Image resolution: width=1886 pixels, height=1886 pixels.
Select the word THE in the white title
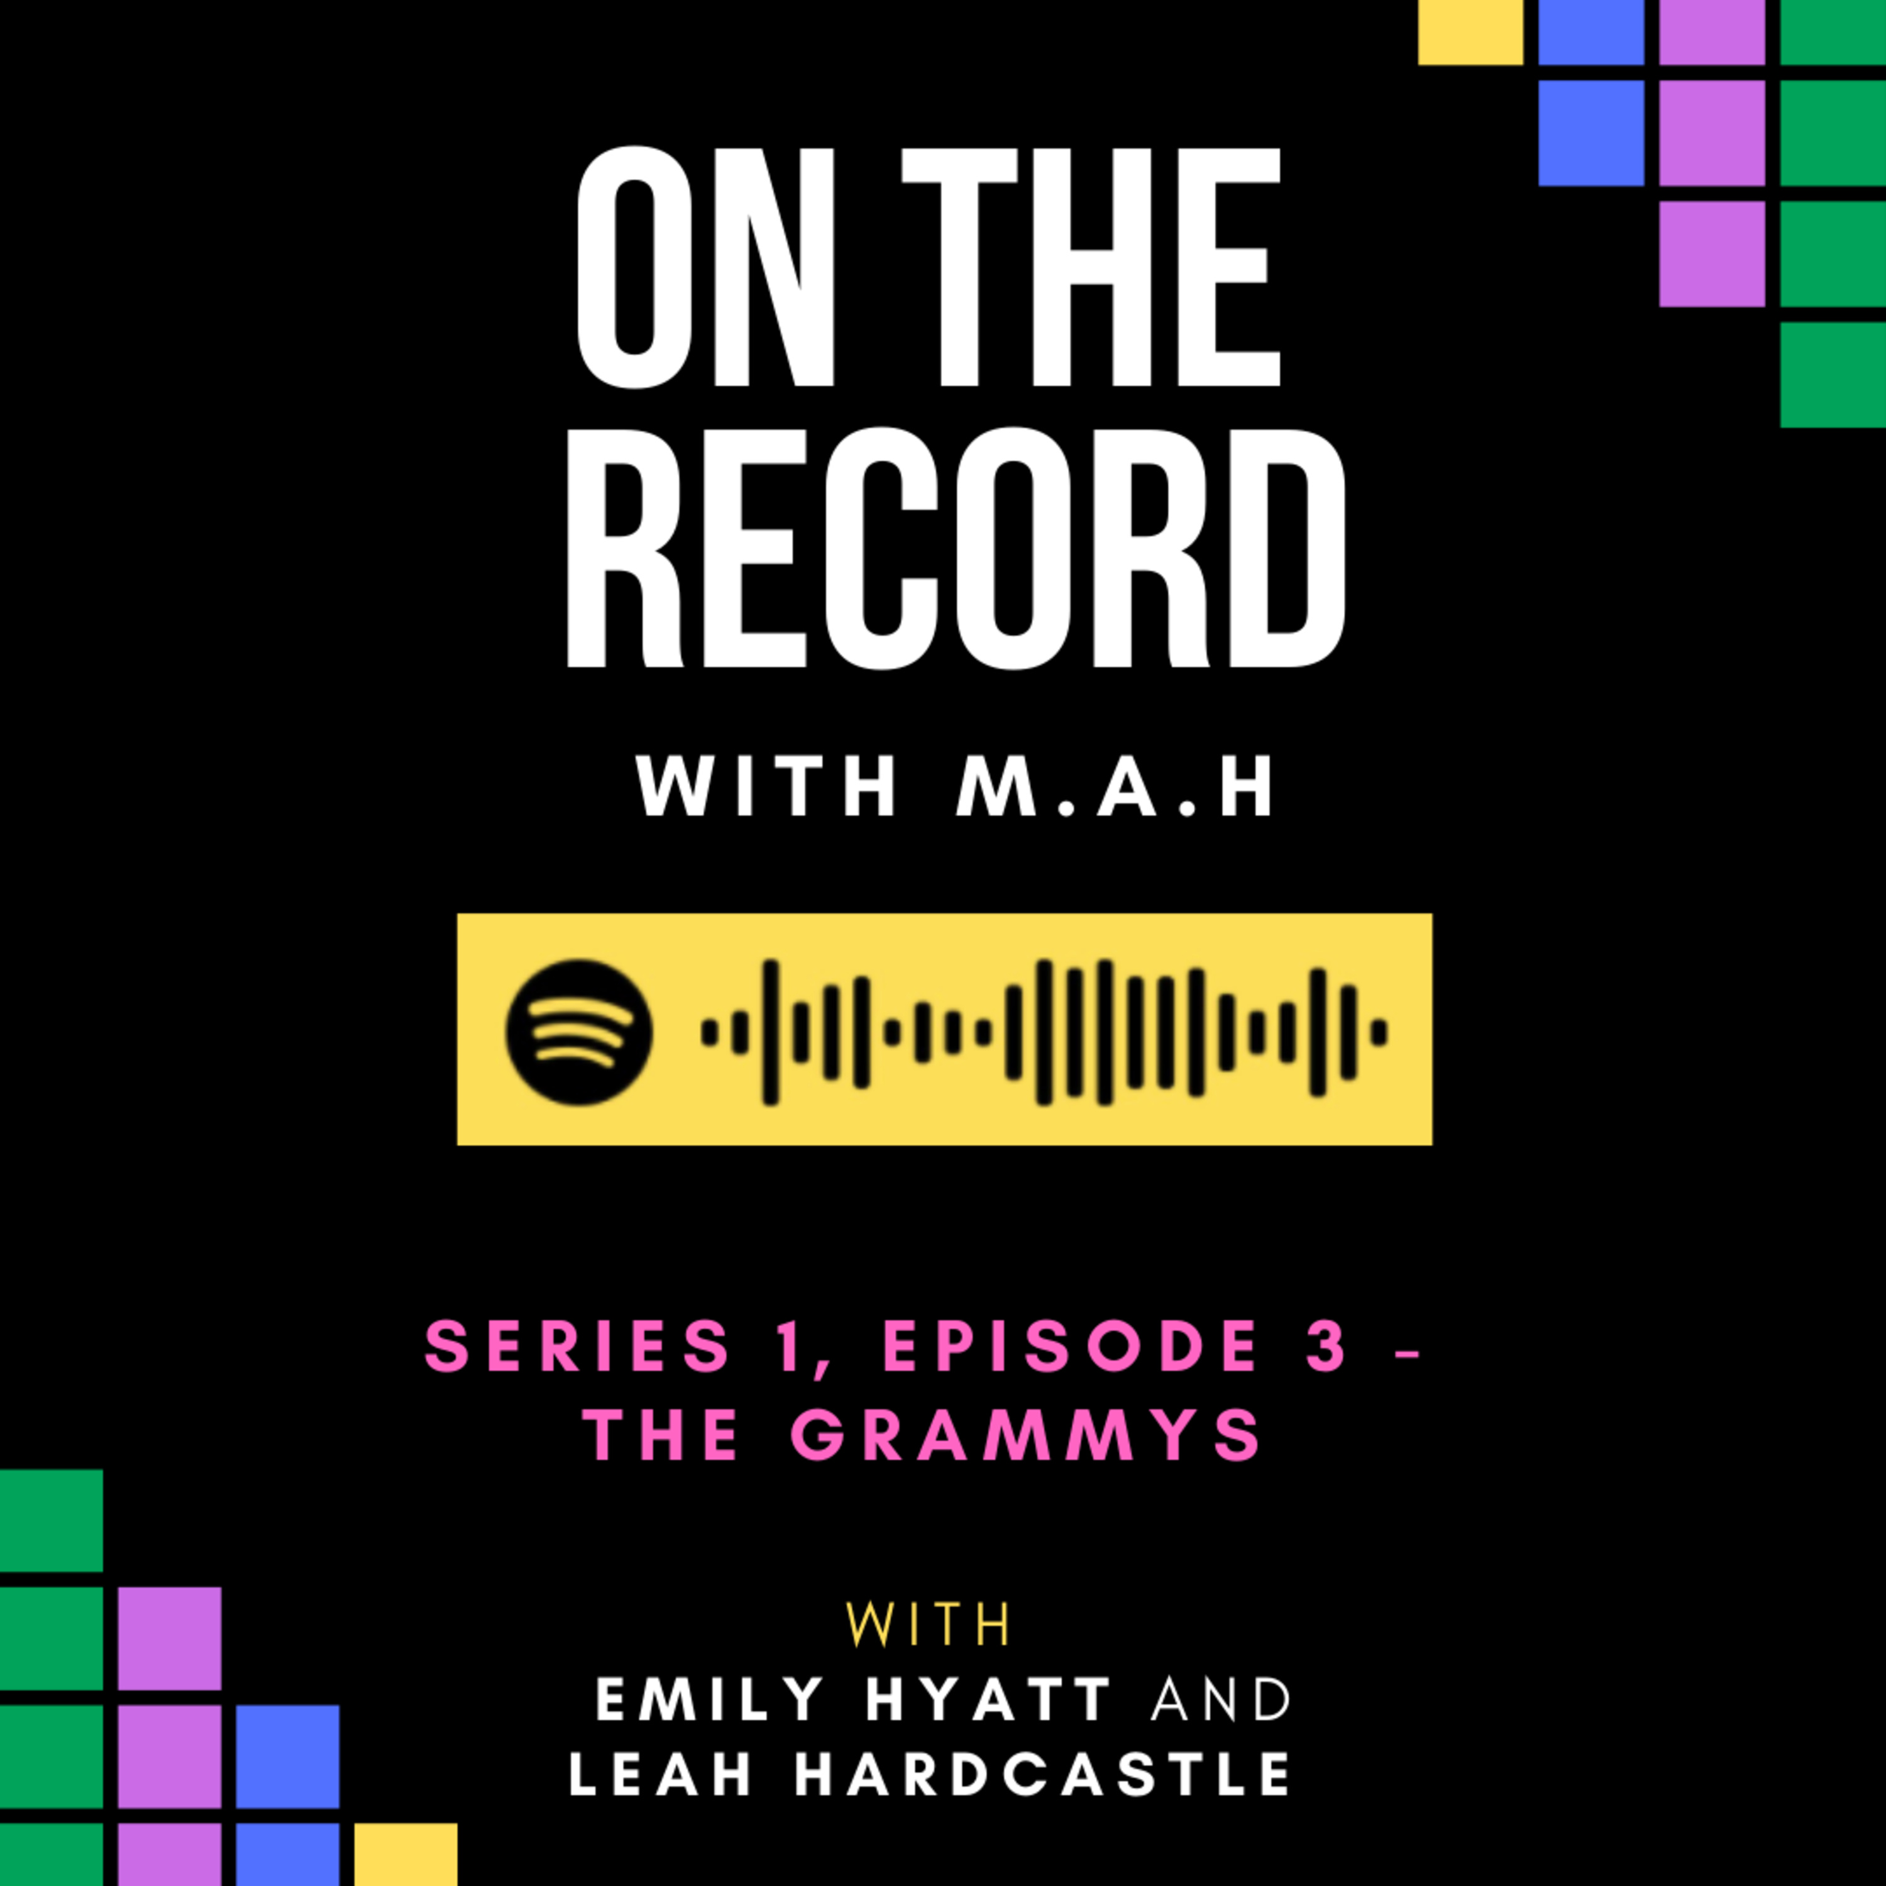click(1090, 267)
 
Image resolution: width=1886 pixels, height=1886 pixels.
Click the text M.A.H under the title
click(1115, 786)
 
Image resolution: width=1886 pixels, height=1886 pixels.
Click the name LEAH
click(661, 1773)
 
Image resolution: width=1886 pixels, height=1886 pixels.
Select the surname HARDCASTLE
click(1042, 1773)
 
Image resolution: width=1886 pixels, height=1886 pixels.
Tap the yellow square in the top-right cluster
click(1470, 32)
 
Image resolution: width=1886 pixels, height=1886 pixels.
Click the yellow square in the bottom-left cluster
click(405, 1854)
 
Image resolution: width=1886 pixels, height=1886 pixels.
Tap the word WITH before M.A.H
click(766, 786)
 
